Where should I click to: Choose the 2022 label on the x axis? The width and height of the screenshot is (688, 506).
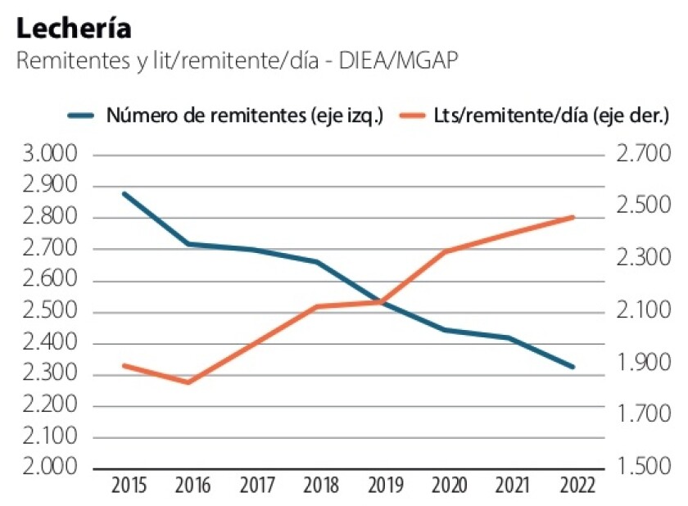coord(572,486)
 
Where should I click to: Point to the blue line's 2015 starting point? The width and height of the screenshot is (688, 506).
coord(124,194)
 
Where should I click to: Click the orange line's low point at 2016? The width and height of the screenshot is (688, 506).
coord(189,382)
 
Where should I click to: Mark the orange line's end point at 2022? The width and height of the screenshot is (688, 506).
coord(573,217)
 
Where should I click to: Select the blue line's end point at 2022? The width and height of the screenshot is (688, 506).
coord(573,367)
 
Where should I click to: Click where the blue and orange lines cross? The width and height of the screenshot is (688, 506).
coord(377,302)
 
